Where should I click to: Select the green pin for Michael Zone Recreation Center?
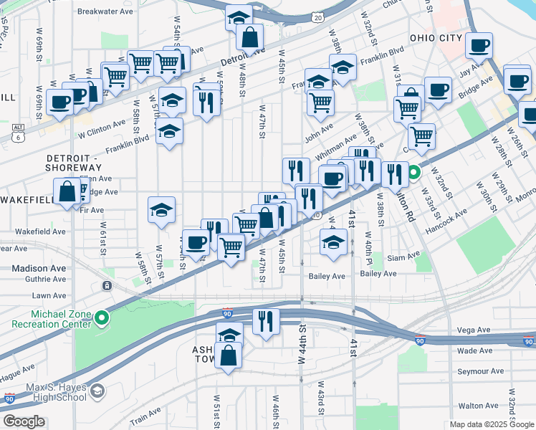(x=102, y=317)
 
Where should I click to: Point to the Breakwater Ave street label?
(x=105, y=11)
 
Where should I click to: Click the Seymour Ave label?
(x=482, y=371)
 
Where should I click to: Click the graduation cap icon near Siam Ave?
(x=332, y=241)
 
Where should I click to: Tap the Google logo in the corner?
(x=24, y=421)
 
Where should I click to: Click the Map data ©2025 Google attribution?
(x=491, y=424)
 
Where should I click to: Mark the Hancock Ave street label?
(x=449, y=211)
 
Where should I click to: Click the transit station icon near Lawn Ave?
(x=107, y=285)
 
